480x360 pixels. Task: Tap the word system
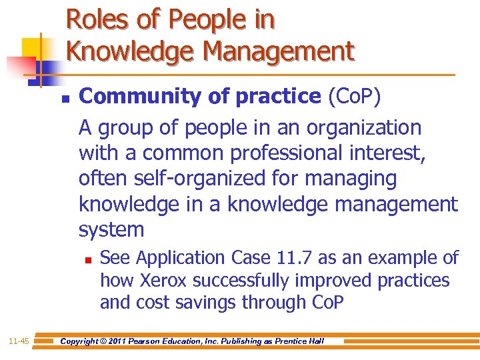point(111,230)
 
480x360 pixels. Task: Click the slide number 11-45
point(19,341)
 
